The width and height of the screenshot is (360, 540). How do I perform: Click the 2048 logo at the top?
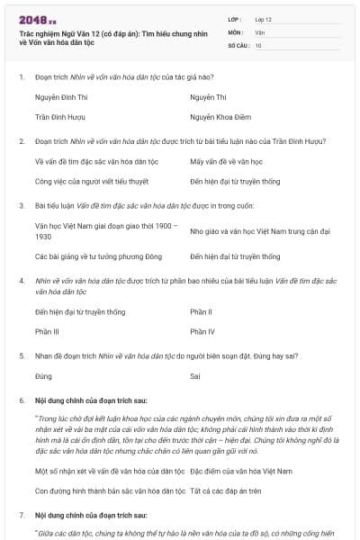pyautogui.click(x=37, y=19)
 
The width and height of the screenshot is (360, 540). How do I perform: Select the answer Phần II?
pyautogui.click(x=201, y=311)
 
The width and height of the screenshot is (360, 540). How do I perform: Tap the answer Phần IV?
pyautogui.click(x=202, y=331)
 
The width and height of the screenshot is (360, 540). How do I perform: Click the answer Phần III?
pyautogui.click(x=47, y=331)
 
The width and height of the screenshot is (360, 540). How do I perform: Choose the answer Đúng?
pyautogui.click(x=43, y=376)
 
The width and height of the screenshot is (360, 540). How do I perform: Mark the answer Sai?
pyautogui.click(x=195, y=376)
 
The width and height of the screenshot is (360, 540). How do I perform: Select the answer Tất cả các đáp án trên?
pyautogui.click(x=237, y=490)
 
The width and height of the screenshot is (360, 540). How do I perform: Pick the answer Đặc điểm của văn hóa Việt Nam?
pyautogui.click(x=241, y=471)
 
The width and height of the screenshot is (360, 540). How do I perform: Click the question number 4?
pyautogui.click(x=21, y=281)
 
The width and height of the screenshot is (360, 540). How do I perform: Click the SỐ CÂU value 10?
pyautogui.click(x=258, y=44)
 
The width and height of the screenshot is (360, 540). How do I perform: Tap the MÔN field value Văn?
pyautogui.click(x=259, y=31)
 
